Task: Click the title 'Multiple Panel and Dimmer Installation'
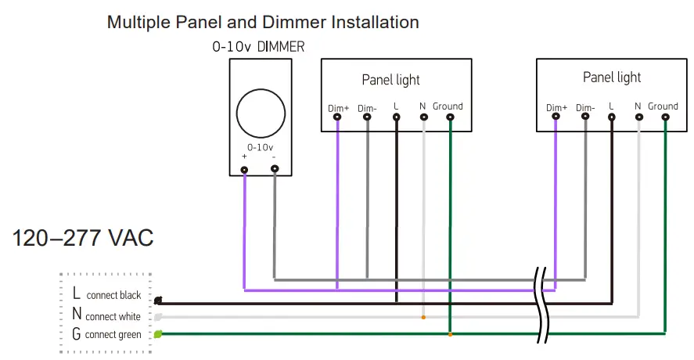tap(263, 22)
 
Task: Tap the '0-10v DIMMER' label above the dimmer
tap(258, 47)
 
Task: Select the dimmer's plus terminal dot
tap(245, 169)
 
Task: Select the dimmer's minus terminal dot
tap(274, 168)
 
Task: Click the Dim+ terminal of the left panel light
tap(337, 118)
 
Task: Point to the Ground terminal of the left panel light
tap(450, 118)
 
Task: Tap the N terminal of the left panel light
tap(423, 118)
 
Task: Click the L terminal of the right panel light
tap(612, 117)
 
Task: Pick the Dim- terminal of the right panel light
tap(584, 117)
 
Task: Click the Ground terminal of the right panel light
tap(664, 117)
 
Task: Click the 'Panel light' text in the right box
tap(612, 77)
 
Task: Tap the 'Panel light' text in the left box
tap(390, 80)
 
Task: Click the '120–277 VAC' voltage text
tap(83, 238)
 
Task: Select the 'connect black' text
tap(113, 295)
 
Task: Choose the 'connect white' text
tap(113, 316)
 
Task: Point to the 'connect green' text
tap(113, 335)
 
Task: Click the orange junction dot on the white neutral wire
tap(423, 318)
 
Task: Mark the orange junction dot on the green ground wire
tap(450, 335)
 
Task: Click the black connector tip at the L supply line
tap(158, 301)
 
